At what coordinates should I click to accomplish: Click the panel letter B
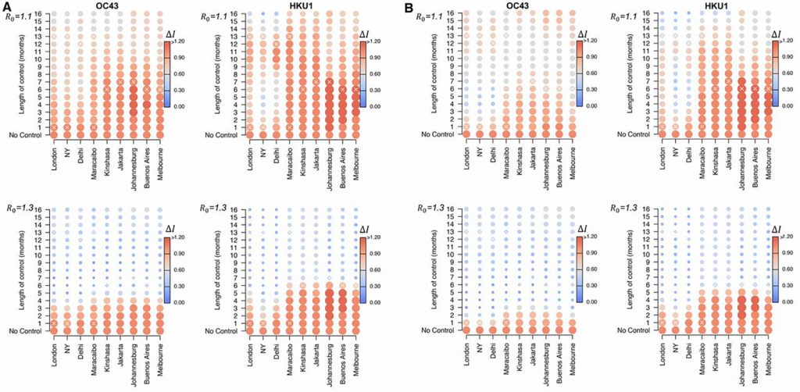coord(409,6)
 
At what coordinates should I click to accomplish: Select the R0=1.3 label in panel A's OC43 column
coord(19,208)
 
